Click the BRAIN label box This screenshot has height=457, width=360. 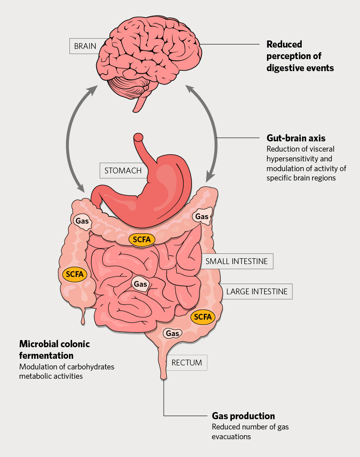point(85,46)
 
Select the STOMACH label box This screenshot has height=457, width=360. point(123,170)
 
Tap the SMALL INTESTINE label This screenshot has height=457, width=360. point(236,261)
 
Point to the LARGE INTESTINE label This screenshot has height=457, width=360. point(257,292)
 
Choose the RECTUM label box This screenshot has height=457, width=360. point(187,363)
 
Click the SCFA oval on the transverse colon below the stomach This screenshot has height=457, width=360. point(142,239)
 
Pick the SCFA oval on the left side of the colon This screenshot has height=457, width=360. point(74,274)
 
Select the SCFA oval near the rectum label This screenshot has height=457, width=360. point(202,317)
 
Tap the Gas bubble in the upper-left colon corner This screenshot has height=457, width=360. point(82,221)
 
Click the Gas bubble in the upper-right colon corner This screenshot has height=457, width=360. point(201,216)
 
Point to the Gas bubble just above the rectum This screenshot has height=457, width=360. point(172,333)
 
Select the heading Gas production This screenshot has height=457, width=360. point(243,416)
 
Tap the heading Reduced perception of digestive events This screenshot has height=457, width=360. point(294,56)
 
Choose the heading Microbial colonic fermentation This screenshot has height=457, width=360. point(54,349)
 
